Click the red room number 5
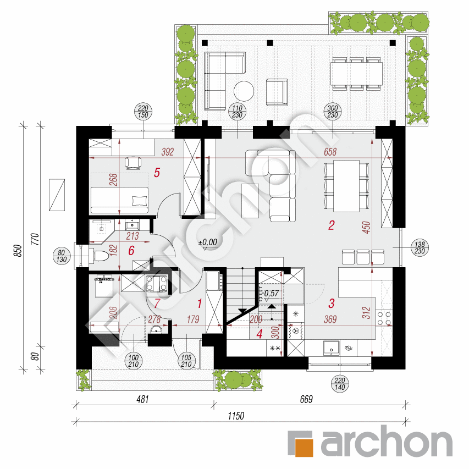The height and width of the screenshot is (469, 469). point(157,173)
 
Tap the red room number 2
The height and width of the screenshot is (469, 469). point(332,225)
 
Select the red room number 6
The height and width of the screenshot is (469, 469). point(131,251)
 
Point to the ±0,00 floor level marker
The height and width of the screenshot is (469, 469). point(208,242)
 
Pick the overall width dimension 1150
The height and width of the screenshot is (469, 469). point(236,416)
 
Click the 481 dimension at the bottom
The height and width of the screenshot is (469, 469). point(142,399)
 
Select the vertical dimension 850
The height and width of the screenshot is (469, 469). point(18,251)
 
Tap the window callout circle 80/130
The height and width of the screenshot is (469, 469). point(62,256)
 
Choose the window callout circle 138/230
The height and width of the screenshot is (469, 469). point(420,247)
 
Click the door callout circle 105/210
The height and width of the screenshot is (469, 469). point(186,361)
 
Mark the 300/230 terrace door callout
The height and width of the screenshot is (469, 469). point(333,112)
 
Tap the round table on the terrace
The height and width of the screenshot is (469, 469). point(244,91)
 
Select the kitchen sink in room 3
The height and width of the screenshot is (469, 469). point(331,349)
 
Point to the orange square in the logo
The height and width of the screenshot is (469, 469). point(304,448)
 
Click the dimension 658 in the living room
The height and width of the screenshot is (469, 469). point(330,152)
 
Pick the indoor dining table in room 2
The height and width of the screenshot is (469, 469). point(346,186)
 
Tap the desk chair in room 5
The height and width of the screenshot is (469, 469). point(133,163)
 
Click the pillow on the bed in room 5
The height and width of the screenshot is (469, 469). point(140,200)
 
